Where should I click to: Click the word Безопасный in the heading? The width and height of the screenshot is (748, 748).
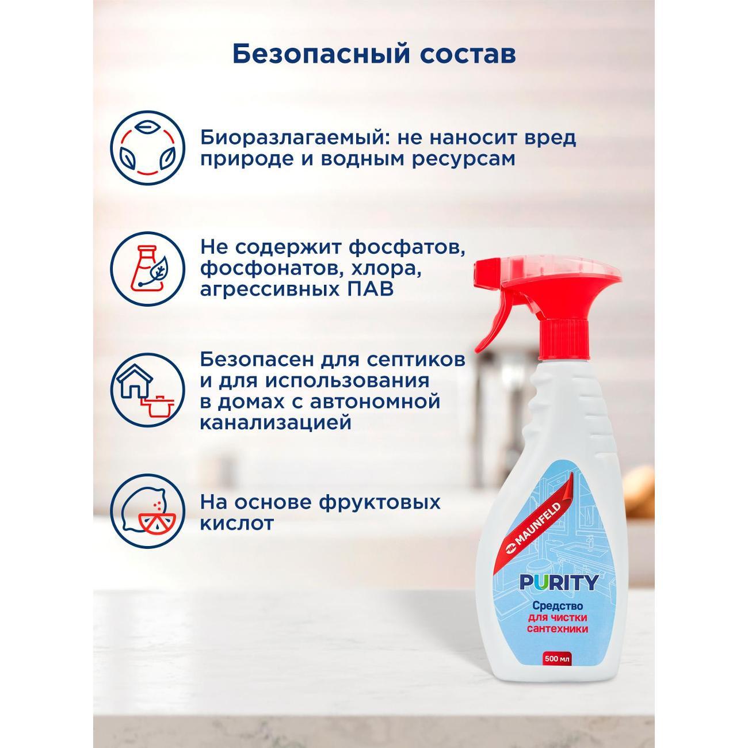pos(321,55)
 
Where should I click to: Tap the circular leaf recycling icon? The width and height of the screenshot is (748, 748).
pos(147,148)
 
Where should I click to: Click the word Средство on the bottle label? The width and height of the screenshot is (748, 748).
pos(558,605)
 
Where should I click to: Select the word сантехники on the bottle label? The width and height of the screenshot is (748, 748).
pos(558,628)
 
